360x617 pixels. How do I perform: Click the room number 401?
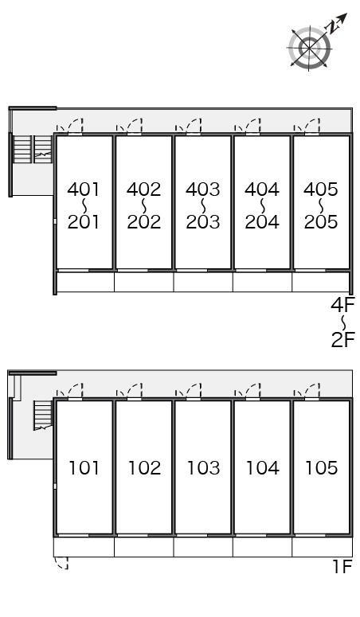click(84, 189)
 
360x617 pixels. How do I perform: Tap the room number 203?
click(203, 222)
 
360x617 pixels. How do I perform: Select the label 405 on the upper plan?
click(321, 189)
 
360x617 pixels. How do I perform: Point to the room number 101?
click(84, 468)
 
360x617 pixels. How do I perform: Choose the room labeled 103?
click(203, 468)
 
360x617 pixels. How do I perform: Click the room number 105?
click(322, 468)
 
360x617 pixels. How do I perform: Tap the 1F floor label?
click(342, 567)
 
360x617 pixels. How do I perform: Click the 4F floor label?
click(342, 305)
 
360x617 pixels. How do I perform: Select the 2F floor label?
click(342, 340)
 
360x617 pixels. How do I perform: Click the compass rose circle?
click(309, 48)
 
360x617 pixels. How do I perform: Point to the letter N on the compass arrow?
click(332, 27)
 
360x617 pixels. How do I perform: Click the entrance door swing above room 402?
click(135, 126)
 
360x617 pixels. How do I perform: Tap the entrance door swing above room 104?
click(252, 390)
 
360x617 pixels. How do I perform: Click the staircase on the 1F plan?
click(43, 415)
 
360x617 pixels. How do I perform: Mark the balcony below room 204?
click(262, 282)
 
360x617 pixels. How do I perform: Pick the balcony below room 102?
click(144, 547)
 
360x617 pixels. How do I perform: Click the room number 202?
click(144, 222)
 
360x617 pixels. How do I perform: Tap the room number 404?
click(262, 189)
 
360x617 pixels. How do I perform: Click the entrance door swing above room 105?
click(312, 390)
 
